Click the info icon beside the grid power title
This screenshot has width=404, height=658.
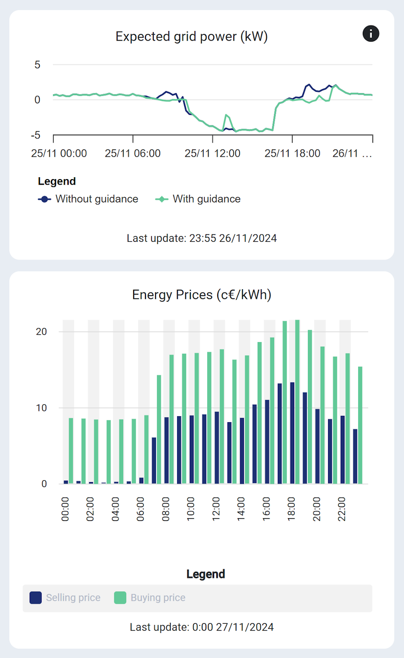pyautogui.click(x=371, y=33)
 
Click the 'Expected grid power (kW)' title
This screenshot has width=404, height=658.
pyautogui.click(x=191, y=37)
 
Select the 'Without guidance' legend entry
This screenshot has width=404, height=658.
pyautogui.click(x=88, y=199)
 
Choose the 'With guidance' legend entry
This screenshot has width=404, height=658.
pyautogui.click(x=198, y=199)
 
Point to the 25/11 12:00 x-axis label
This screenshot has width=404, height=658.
pyautogui.click(x=212, y=154)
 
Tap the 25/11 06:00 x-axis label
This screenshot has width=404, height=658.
pyautogui.click(x=133, y=154)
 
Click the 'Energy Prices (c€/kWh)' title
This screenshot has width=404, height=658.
pyautogui.click(x=201, y=295)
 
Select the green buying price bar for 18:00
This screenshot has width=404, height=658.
pyautogui.click(x=297, y=402)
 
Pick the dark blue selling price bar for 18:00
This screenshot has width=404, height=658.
pyautogui.click(x=292, y=433)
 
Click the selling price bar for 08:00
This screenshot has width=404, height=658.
pyautogui.click(x=167, y=450)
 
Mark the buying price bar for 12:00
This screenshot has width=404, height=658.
pyautogui.click(x=222, y=416)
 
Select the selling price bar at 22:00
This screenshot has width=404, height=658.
pyautogui.click(x=342, y=450)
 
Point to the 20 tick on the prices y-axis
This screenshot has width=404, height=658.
pyautogui.click(x=41, y=332)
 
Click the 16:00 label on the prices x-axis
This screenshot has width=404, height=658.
pyautogui.click(x=266, y=509)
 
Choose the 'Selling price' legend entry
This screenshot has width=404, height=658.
pyautogui.click(x=65, y=598)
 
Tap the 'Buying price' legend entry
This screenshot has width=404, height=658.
pyautogui.click(x=150, y=598)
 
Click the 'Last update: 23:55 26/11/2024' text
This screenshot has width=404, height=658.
pyautogui.click(x=201, y=238)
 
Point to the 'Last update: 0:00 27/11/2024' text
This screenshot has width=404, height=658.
pyautogui.click(x=201, y=627)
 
